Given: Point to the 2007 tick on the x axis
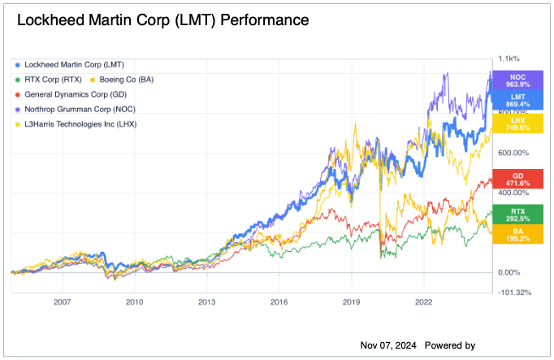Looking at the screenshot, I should tap(63, 301).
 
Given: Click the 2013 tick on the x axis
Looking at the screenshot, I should tap(207, 301).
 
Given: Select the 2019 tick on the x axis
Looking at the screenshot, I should tap(352, 301).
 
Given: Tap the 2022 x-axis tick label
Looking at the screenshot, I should tap(424, 301).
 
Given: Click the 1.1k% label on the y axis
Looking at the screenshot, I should tap(509, 59).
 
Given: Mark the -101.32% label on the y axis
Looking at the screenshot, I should tap(513, 293).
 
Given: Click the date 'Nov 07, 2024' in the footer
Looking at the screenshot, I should tap(388, 345).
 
